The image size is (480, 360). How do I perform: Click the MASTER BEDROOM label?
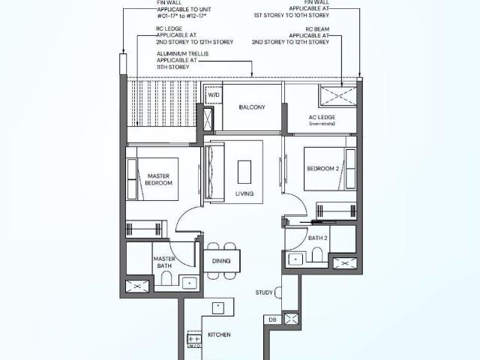(159, 179)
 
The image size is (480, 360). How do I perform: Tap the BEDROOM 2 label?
(323, 169)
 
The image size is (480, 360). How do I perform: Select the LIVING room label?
(244, 193)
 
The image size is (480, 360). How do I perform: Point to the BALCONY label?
(252, 107)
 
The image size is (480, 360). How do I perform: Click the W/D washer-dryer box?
(214, 95)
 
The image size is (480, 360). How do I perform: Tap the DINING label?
(221, 262)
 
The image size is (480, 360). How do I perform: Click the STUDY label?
(263, 293)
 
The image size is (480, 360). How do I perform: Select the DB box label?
(272, 319)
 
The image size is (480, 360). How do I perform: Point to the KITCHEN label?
(219, 334)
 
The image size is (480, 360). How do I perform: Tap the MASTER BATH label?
(164, 262)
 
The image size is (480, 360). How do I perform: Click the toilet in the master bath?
(166, 281)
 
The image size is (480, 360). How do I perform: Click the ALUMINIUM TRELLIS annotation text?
(184, 61)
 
